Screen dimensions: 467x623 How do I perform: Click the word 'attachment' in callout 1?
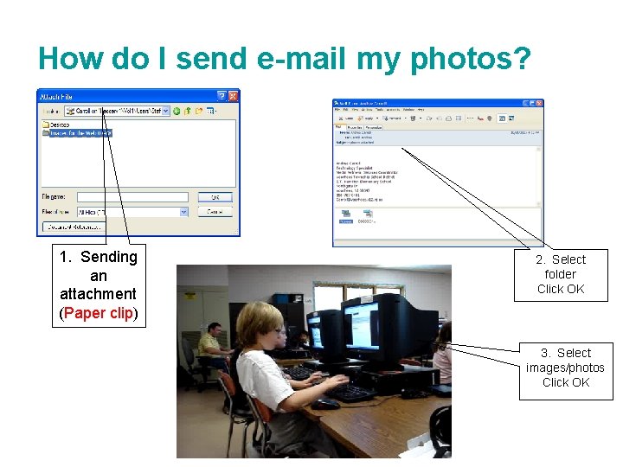point(98,294)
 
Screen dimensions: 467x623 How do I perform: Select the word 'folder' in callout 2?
point(561,274)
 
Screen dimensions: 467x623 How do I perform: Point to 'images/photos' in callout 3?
point(565,368)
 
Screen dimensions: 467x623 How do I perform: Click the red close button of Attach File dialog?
point(233,96)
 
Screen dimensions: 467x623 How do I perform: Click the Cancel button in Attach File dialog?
point(215,211)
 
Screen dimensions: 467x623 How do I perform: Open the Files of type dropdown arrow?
point(183,211)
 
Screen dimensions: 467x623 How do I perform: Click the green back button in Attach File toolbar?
point(177,111)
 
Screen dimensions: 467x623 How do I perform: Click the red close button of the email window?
point(538,103)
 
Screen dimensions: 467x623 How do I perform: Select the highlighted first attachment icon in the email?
point(346,215)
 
